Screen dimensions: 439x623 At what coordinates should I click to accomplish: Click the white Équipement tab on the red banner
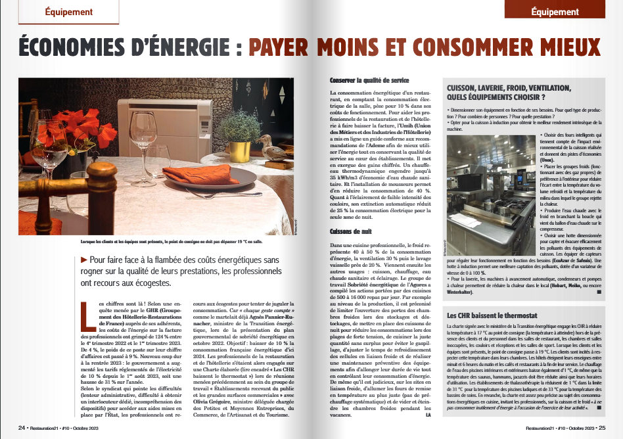555,12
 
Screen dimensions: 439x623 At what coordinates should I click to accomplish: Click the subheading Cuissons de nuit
352,232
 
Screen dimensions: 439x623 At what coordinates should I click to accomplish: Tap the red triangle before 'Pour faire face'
83,260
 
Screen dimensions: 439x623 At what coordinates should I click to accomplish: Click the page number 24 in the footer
22,427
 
